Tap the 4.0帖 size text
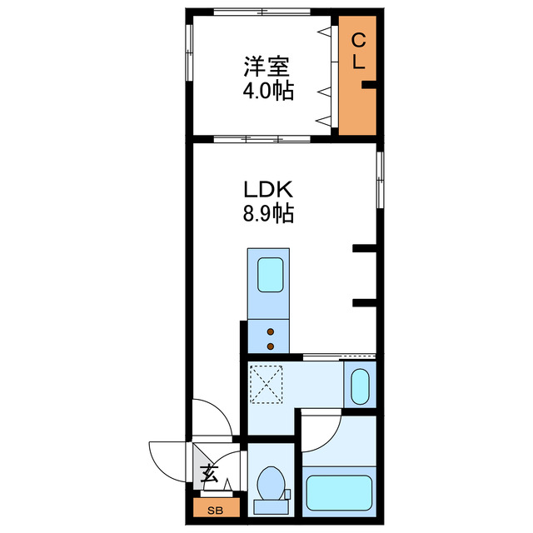click(267, 91)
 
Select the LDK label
click(267, 191)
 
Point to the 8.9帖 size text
click(267, 214)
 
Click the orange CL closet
click(357, 75)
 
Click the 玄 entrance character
click(209, 476)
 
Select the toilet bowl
click(271, 483)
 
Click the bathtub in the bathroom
click(336, 492)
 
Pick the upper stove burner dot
click(270, 332)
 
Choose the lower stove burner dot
click(270, 345)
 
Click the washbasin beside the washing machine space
click(360, 385)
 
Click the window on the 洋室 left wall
click(188, 53)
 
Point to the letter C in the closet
click(356, 39)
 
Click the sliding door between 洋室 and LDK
click(250, 137)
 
